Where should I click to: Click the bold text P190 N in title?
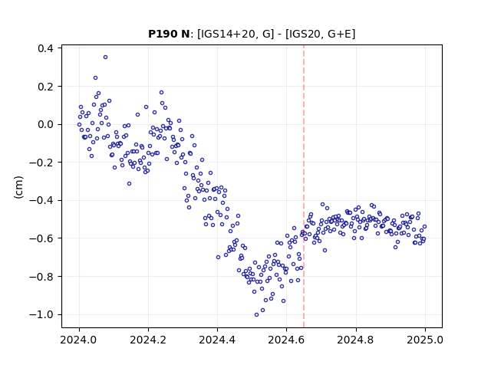tap(169, 34)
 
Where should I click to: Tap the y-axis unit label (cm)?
tap(18, 187)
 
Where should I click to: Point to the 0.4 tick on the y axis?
tap(45, 48)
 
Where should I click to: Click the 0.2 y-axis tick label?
tap(45, 87)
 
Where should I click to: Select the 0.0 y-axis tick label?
tap(45, 124)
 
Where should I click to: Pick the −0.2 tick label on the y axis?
tap(41, 163)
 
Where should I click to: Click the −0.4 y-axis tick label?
tap(41, 200)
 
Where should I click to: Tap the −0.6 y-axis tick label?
tap(41, 238)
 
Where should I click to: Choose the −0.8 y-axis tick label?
tap(41, 276)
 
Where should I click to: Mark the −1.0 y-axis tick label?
tap(41, 314)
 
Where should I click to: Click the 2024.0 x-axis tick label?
tap(79, 340)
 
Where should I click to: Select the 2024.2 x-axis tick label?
tap(148, 340)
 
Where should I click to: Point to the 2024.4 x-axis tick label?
tap(217, 340)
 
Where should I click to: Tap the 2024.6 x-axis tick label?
tap(286, 340)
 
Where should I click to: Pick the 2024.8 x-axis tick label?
tap(356, 340)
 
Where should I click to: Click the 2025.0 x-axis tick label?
tap(425, 340)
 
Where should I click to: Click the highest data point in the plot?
tap(106, 58)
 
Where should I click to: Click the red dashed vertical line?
tap(304, 186)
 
